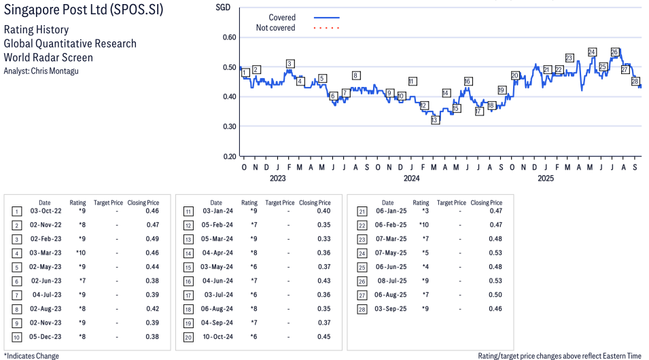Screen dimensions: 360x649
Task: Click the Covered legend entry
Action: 282,18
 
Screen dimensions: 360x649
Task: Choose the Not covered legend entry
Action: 275,28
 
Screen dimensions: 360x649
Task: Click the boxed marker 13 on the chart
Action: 435,120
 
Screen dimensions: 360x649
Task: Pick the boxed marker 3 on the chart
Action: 290,64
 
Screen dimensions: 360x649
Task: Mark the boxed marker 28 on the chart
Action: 635,82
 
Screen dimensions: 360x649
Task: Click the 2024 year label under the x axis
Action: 411,179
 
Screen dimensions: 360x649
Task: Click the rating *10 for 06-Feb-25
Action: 424,225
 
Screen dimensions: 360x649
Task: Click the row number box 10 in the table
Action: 16,337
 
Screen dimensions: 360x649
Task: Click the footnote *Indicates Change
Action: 31,355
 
